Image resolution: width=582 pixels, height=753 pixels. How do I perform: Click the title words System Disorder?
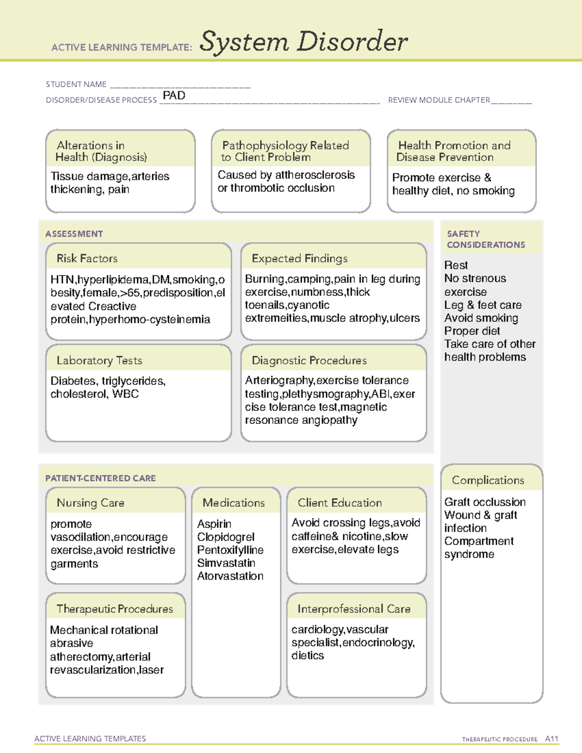pos(304,42)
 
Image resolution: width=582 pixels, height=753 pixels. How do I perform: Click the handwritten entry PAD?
pos(174,96)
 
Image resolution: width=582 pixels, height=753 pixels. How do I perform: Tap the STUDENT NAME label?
pos(76,84)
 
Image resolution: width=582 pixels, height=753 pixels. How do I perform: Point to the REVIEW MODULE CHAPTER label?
pos(439,100)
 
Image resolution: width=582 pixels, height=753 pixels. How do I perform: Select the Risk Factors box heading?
pos(87,258)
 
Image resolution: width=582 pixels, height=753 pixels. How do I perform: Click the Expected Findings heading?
pos(300,258)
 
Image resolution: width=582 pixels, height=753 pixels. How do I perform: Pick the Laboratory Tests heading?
pos(99,360)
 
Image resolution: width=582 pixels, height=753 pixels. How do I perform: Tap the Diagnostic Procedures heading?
pos(309,360)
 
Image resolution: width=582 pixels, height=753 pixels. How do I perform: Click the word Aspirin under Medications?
pos(214,524)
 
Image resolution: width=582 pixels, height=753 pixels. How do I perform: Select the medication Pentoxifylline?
pos(230,550)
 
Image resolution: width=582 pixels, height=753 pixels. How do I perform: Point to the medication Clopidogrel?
pos(226,537)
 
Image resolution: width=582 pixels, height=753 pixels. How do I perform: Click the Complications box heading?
pos(488,480)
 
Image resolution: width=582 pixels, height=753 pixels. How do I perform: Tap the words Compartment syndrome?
pos(479,548)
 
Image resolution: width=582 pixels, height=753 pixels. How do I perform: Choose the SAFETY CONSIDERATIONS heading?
pos(486,240)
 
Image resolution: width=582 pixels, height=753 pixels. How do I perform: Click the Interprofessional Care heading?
pos(354,609)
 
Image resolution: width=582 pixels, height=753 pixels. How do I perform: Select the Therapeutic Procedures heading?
pos(115,609)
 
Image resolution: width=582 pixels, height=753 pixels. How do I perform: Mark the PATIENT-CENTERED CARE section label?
pos(101,478)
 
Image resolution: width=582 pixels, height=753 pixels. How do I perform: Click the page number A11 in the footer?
pos(551,739)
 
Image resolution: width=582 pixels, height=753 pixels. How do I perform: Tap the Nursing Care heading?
pos(91,503)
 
